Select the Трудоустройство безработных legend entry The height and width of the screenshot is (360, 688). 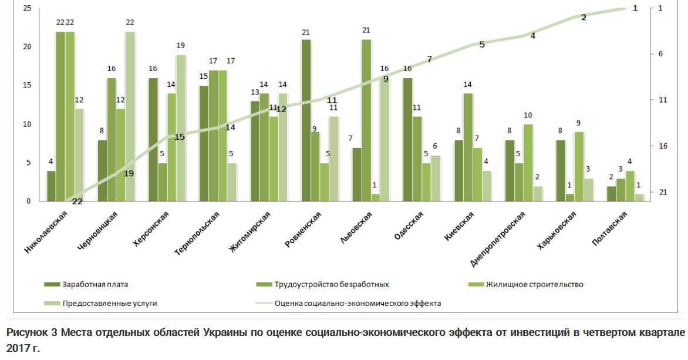[x=330, y=285]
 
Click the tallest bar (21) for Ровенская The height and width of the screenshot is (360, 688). [x=306, y=120]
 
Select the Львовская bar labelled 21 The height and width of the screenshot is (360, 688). [x=366, y=120]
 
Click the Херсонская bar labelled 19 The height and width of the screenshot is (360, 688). [x=181, y=128]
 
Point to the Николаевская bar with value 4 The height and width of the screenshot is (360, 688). [x=51, y=186]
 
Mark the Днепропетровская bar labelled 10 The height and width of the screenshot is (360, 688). [x=528, y=163]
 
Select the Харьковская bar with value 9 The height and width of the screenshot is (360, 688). [x=579, y=166]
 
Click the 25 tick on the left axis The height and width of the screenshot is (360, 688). [x=27, y=8]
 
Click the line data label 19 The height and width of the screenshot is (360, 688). [x=129, y=173]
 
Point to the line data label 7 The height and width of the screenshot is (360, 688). [x=430, y=59]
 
